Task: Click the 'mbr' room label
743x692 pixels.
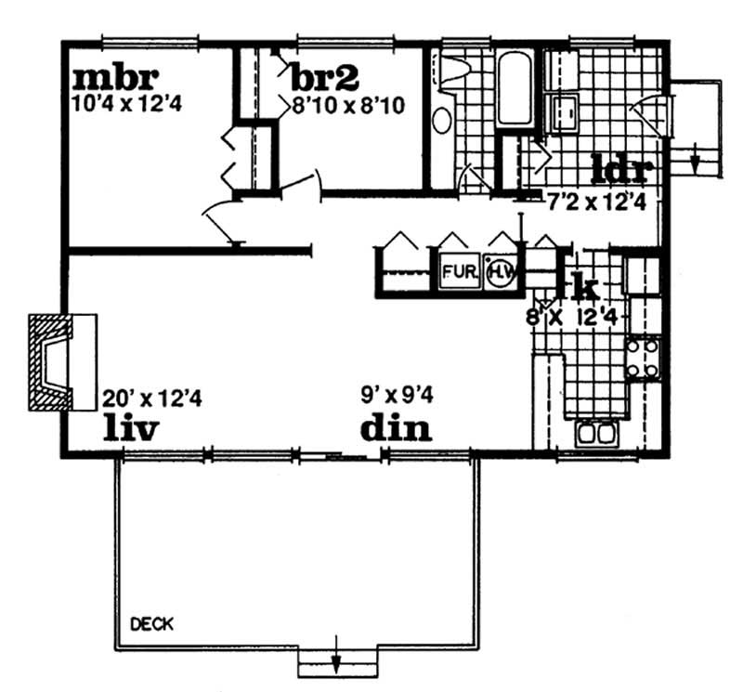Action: pyautogui.click(x=115, y=74)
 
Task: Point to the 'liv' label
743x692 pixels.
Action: pyautogui.click(x=131, y=429)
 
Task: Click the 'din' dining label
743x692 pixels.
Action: pyautogui.click(x=396, y=429)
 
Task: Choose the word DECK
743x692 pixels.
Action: pyautogui.click(x=152, y=622)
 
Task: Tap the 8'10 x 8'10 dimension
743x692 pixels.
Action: pyautogui.click(x=347, y=105)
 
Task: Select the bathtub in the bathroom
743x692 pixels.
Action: pyautogui.click(x=514, y=90)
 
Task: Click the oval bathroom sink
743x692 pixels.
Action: pyautogui.click(x=443, y=121)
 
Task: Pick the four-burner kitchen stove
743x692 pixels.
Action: pyautogui.click(x=643, y=358)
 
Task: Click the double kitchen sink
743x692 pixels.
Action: pyautogui.click(x=595, y=433)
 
